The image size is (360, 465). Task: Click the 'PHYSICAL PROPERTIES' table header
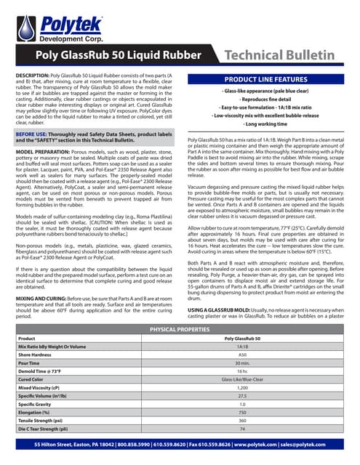pyautogui.click(x=180, y=330)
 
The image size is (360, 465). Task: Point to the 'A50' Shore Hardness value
pyautogui.click(x=243, y=355)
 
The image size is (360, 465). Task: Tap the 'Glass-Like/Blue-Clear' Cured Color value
pyautogui.click(x=243, y=379)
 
